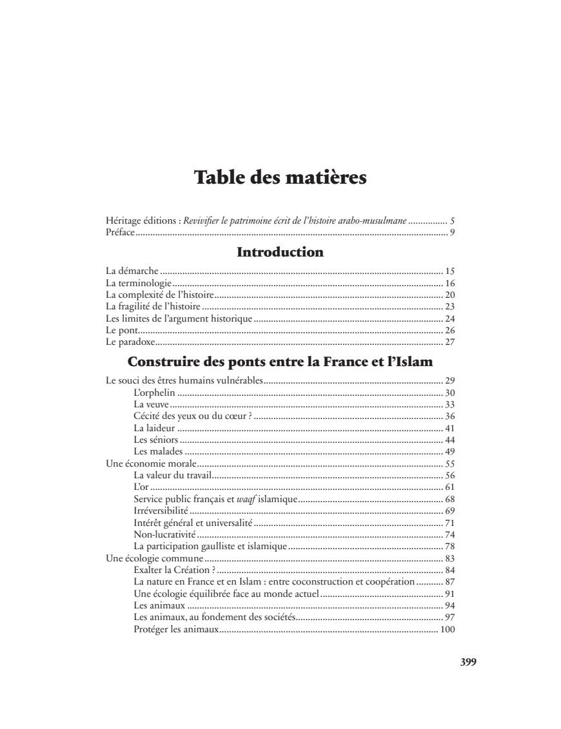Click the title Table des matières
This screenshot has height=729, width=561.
click(x=280, y=177)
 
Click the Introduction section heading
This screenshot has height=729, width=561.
click(x=280, y=252)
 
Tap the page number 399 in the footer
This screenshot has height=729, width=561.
click(x=468, y=662)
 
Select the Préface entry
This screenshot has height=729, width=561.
click(x=120, y=232)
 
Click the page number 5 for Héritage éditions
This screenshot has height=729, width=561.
click(x=453, y=220)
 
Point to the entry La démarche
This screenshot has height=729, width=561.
click(x=132, y=271)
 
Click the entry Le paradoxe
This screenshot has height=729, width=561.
click(x=130, y=342)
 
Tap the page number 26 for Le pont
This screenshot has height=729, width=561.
click(x=450, y=330)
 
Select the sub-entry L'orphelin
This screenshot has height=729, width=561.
click(x=155, y=393)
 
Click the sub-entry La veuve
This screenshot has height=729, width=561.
click(x=151, y=404)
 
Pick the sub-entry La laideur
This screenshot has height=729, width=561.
click(x=154, y=427)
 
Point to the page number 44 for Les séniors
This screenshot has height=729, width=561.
click(x=450, y=440)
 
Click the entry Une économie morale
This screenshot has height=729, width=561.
click(x=151, y=463)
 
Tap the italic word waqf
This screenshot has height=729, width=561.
click(x=243, y=499)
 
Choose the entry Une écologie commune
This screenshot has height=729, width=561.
click(x=154, y=558)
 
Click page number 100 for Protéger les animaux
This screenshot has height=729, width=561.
click(x=448, y=629)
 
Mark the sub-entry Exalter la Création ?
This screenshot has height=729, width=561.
click(x=174, y=570)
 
